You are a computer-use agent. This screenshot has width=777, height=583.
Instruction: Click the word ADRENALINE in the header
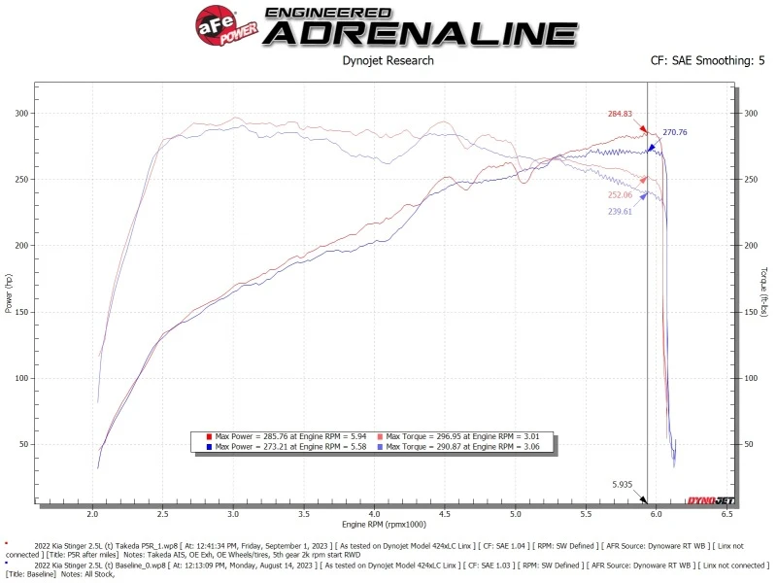pos(422,33)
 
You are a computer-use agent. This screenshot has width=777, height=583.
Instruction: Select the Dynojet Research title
pos(388,60)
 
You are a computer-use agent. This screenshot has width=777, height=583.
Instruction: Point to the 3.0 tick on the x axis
pos(233,512)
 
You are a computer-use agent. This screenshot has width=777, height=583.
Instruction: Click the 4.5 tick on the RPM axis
pos(445,512)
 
